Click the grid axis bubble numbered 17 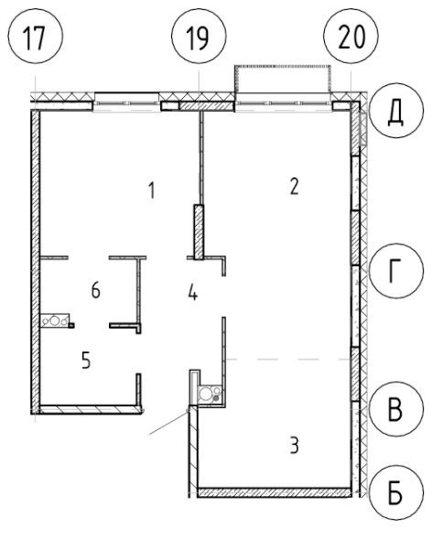35,36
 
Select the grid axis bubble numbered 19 199,36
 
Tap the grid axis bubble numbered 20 351,36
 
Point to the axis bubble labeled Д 395,110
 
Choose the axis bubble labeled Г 395,271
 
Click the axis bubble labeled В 395,409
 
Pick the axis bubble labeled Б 395,493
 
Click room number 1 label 151,190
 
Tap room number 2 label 294,187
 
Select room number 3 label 294,446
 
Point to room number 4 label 193,293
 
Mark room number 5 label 86,361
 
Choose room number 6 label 96,290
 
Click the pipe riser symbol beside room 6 55,320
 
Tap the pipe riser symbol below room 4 210,394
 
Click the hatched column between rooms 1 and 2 199,232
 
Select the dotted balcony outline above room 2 283,66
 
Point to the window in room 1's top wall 127,103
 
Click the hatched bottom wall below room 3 275,492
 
